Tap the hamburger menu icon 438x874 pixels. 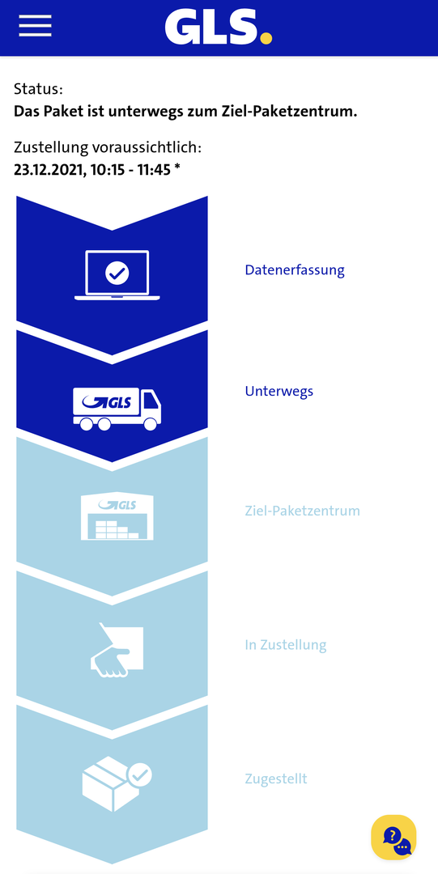(x=35, y=26)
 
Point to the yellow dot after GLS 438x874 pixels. (x=266, y=38)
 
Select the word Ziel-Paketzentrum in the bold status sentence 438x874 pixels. (x=300, y=112)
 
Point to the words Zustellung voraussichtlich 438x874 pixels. (x=108, y=148)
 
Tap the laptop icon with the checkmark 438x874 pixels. (x=117, y=275)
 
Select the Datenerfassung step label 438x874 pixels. (x=295, y=270)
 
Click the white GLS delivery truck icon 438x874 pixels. (x=117, y=409)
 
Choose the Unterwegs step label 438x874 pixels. (x=279, y=392)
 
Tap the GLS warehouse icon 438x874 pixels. (x=117, y=515)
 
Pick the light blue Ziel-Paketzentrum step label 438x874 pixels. (x=303, y=511)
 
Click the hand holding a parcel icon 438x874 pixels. (x=117, y=650)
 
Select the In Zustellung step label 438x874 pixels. (x=286, y=645)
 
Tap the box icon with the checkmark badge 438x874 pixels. (x=117, y=783)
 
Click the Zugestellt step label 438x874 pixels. (x=276, y=779)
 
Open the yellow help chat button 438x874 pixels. (x=394, y=838)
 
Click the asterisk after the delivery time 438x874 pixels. (x=176, y=168)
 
